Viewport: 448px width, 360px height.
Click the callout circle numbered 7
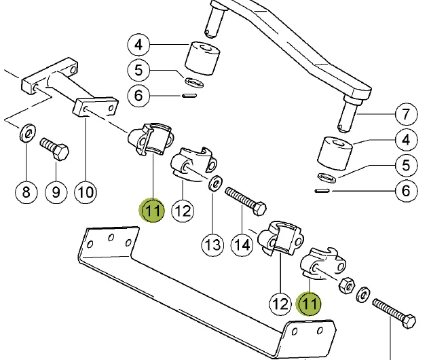(x=406, y=113)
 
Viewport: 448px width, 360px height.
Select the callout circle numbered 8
(x=26, y=192)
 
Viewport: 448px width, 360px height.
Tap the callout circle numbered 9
(x=56, y=192)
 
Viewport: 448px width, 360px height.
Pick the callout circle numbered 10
(x=85, y=192)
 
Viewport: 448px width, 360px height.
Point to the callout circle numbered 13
(x=213, y=243)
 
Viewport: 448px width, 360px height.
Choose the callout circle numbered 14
(x=242, y=243)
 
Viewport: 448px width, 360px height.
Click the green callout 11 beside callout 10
(x=153, y=210)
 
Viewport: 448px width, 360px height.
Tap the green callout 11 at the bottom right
(x=310, y=303)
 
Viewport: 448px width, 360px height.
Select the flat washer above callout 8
(x=26, y=132)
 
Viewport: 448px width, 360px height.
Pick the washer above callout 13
(x=216, y=183)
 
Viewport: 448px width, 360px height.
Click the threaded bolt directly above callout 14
(x=244, y=200)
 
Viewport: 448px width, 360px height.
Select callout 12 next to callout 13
(x=183, y=211)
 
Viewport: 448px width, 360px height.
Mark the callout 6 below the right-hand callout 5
(x=406, y=192)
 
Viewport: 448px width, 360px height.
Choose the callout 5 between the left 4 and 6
(x=138, y=69)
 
